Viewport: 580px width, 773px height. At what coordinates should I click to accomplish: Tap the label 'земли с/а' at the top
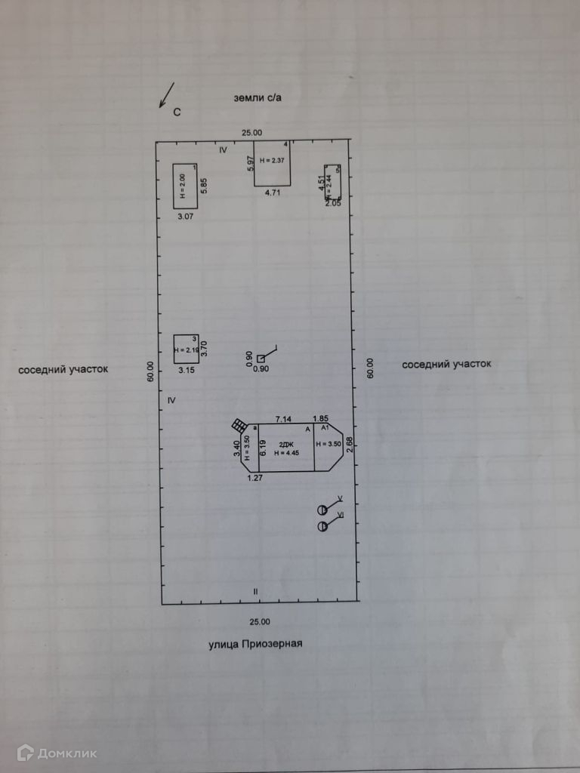262,98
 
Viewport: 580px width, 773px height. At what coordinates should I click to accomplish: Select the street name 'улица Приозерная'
255,644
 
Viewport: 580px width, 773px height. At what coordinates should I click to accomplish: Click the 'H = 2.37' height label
272,161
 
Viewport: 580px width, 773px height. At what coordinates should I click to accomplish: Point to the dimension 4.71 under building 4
273,193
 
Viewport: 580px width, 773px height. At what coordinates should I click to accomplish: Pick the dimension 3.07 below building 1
185,217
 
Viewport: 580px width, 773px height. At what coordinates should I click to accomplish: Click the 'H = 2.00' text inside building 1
182,186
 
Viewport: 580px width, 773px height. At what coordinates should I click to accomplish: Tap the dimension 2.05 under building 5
333,203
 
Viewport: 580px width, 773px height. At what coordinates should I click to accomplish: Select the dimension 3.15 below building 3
186,371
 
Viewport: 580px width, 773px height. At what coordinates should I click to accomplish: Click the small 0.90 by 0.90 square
261,359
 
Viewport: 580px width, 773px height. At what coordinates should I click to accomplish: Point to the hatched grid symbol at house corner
239,424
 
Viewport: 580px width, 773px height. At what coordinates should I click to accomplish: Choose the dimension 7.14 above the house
283,418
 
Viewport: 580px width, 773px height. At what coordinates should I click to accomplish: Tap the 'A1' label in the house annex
325,427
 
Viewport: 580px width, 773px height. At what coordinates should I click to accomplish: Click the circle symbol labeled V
322,510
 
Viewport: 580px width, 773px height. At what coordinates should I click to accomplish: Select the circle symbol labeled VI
322,526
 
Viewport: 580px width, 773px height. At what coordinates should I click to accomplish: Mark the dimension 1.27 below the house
255,477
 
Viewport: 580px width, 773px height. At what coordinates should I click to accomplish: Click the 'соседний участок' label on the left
63,370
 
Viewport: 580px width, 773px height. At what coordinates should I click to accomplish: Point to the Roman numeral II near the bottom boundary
256,591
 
